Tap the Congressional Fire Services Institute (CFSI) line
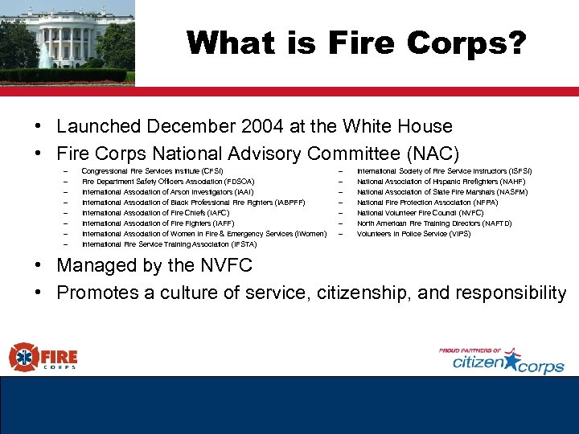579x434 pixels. click(152, 171)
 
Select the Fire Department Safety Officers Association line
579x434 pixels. click(168, 182)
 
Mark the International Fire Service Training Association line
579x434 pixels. click(169, 244)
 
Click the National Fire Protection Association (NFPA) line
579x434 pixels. click(427, 203)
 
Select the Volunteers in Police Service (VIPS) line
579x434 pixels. click(413, 234)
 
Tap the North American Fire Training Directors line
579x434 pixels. click(433, 223)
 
